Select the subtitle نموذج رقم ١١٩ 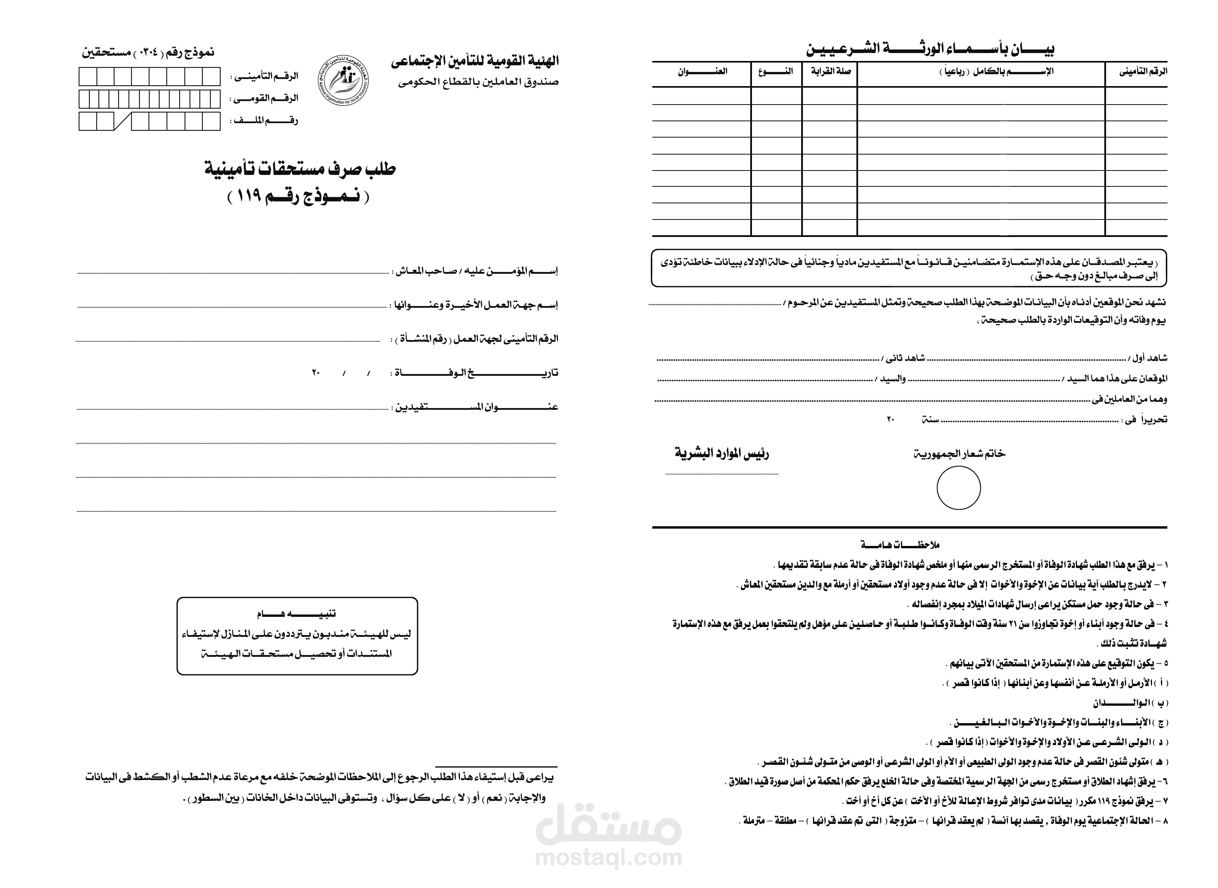299,197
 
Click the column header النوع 776,71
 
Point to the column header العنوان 702,71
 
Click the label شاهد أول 1149,358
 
